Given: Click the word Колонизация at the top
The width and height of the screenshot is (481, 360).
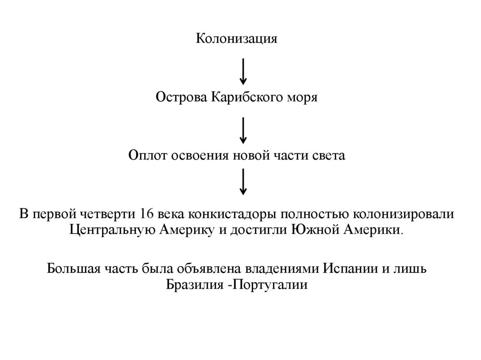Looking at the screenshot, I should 236,38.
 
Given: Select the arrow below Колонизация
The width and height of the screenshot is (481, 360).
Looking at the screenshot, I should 243,70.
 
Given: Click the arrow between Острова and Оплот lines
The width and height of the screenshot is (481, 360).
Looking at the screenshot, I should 243,130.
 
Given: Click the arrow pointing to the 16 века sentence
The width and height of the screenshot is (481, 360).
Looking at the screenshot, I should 243,182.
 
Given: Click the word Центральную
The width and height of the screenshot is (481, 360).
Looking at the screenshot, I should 112,230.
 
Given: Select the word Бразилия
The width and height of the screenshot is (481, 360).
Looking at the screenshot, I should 193,284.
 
